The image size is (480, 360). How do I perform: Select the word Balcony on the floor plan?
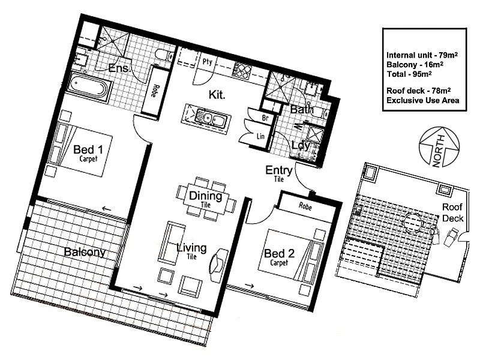pyautogui.click(x=85, y=253)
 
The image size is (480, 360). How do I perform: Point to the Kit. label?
pyautogui.click(x=217, y=95)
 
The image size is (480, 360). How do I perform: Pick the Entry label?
pyautogui.click(x=278, y=171)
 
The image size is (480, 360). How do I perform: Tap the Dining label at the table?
pyautogui.click(x=206, y=196)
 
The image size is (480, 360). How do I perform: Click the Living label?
pyautogui.click(x=191, y=248)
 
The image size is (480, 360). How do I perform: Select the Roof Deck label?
pyautogui.click(x=452, y=212)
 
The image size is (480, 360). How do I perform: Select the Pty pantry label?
pyautogui.click(x=208, y=61)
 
